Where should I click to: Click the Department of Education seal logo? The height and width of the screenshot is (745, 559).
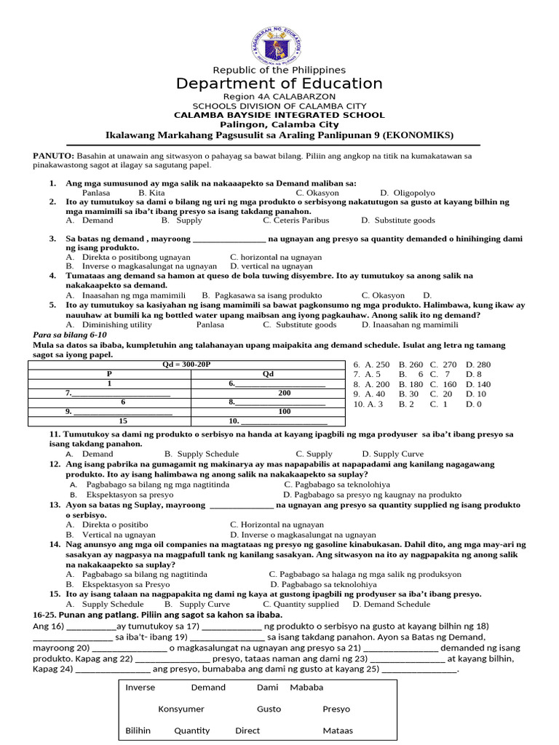(279, 34)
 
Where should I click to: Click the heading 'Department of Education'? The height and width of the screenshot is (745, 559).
(279, 84)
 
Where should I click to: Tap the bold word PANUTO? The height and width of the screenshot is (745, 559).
(53, 156)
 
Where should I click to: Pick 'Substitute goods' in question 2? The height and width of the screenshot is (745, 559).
(403, 220)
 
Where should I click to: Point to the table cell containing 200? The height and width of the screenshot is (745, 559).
(268, 392)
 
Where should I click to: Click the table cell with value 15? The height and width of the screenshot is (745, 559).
(123, 421)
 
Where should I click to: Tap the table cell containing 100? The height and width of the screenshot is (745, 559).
(268, 411)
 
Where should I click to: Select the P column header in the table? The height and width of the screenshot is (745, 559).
(109, 373)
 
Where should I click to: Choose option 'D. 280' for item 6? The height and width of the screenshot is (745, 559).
(478, 364)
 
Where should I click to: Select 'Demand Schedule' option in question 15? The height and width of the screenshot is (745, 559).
(397, 604)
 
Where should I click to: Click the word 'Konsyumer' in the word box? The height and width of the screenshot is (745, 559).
(181, 709)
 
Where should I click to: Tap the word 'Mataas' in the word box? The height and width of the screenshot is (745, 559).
(338, 730)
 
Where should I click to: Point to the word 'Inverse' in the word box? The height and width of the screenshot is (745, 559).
(140, 687)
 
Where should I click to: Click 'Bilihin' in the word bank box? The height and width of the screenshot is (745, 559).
(138, 730)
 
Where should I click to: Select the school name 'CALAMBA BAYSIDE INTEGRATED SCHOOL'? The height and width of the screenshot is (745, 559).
(279, 115)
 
